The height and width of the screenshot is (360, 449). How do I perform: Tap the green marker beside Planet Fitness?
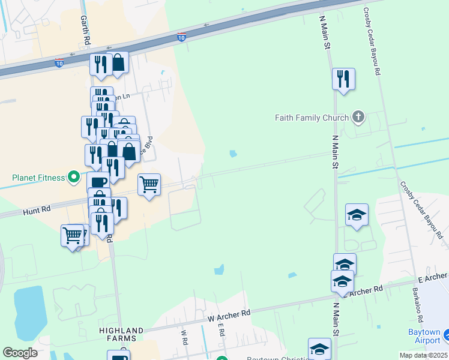point(73,177)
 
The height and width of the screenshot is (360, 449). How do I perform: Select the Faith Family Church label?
point(312,118)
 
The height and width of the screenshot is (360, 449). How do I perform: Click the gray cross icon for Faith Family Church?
point(358,117)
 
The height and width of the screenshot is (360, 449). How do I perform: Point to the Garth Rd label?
point(85,31)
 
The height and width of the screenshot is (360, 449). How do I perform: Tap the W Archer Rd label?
point(228,314)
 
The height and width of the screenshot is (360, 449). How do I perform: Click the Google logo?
point(20,353)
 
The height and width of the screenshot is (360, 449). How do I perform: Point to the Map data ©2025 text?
point(423,355)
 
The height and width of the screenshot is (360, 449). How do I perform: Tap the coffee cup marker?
point(98,182)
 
